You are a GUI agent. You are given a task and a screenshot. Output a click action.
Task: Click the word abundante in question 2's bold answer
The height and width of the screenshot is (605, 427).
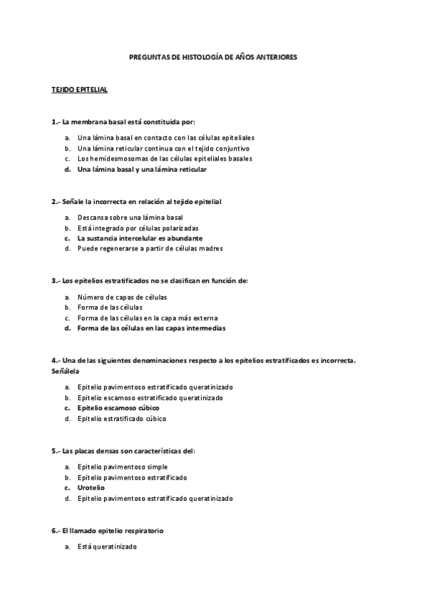point(181,238)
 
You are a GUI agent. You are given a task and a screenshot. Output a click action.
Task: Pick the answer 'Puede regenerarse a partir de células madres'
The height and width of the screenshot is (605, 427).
point(150,248)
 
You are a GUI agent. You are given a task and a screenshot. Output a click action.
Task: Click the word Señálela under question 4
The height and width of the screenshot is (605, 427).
point(65,372)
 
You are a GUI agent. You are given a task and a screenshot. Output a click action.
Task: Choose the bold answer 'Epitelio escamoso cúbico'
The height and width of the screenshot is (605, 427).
point(118,407)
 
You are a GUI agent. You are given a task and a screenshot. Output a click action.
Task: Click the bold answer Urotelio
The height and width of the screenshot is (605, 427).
point(91,487)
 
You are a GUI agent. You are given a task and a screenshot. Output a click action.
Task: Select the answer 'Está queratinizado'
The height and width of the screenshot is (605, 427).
point(106,546)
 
